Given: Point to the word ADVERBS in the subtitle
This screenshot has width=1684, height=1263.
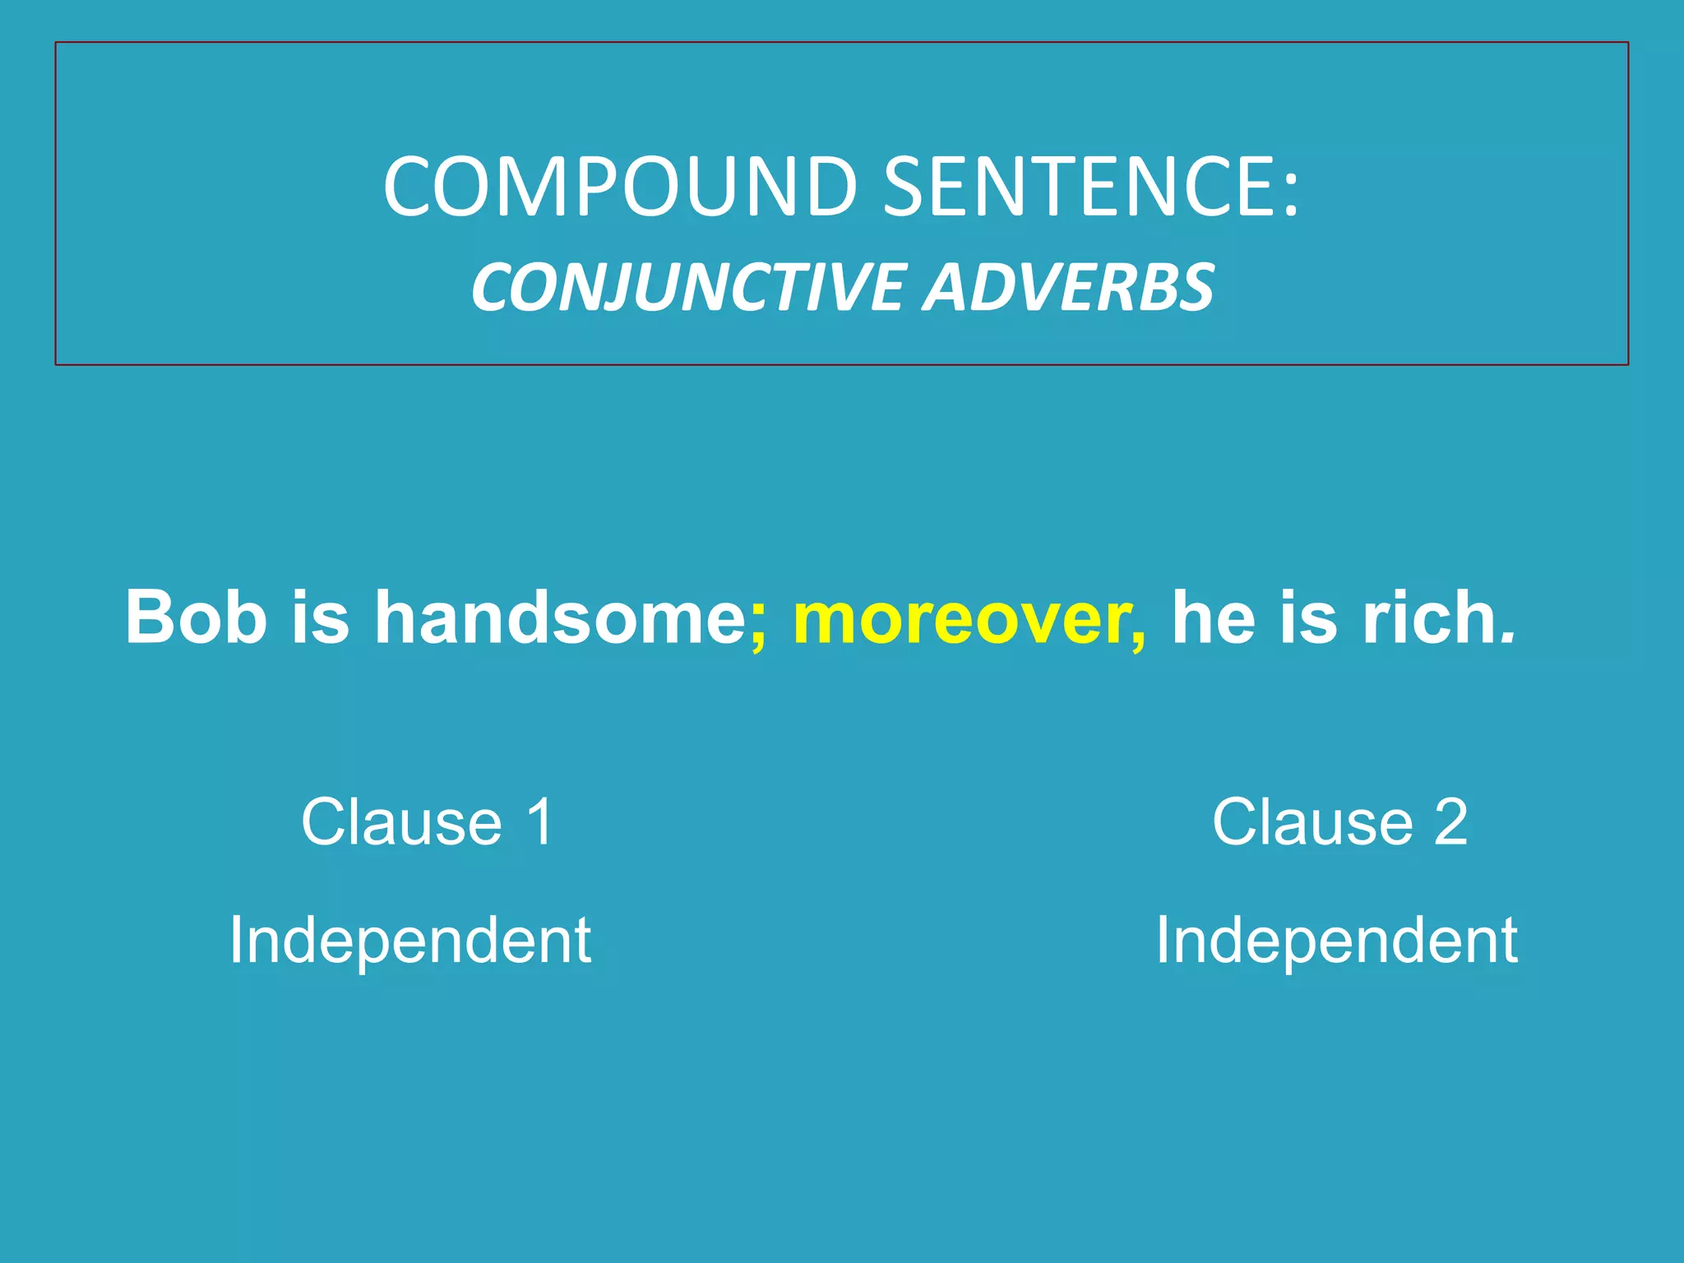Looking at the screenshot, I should click(1068, 287).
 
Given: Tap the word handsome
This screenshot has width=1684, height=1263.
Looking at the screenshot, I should click(560, 617).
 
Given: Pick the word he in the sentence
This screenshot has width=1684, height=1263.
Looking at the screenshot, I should click(1213, 617).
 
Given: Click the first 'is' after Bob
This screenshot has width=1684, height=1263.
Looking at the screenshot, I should click(320, 617).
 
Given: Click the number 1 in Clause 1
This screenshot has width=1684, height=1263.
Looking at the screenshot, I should click(540, 821).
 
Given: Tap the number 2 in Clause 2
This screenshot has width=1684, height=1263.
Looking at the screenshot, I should click(1450, 821).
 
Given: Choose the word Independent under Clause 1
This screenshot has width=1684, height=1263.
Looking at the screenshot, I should click(409, 941).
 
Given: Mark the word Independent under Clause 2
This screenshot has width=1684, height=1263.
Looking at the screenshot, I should click(1337, 941).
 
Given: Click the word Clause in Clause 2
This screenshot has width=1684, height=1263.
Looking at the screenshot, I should click(1312, 821).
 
